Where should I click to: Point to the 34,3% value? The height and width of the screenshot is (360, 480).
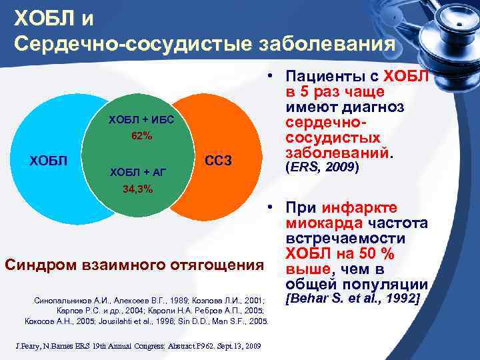pyautogui.click(x=137, y=189)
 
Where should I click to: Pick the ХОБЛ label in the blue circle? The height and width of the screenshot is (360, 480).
pyautogui.click(x=49, y=161)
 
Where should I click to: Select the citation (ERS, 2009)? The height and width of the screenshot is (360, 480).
pyautogui.click(x=322, y=168)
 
